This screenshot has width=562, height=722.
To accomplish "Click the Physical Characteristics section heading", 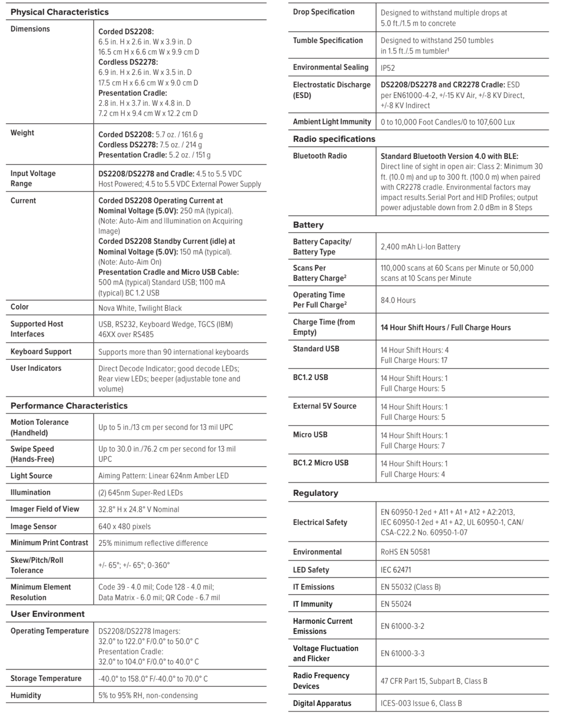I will click(59, 12).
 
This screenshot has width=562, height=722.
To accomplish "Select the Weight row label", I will click(22, 133).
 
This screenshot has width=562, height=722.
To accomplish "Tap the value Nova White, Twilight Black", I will click(140, 308).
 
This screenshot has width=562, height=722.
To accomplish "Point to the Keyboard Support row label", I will click(41, 351).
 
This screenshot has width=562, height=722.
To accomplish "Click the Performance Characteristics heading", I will click(69, 406).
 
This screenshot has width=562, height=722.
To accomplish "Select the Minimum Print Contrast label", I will click(49, 543).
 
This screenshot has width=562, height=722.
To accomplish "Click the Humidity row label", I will click(26, 695).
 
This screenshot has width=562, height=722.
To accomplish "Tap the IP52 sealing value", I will click(388, 68).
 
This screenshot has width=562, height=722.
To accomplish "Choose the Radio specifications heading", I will click(334, 139).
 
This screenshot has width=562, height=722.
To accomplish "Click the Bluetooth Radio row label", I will click(320, 156).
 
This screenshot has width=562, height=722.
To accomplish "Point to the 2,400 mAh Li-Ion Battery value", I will click(420, 247).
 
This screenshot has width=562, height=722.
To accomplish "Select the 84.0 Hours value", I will click(398, 300).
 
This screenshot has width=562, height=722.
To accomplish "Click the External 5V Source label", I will click(324, 406).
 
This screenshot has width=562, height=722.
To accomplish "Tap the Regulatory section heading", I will click(316, 493).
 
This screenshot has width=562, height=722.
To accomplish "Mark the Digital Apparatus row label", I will click(322, 703).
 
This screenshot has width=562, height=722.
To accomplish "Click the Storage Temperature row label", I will click(46, 678).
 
